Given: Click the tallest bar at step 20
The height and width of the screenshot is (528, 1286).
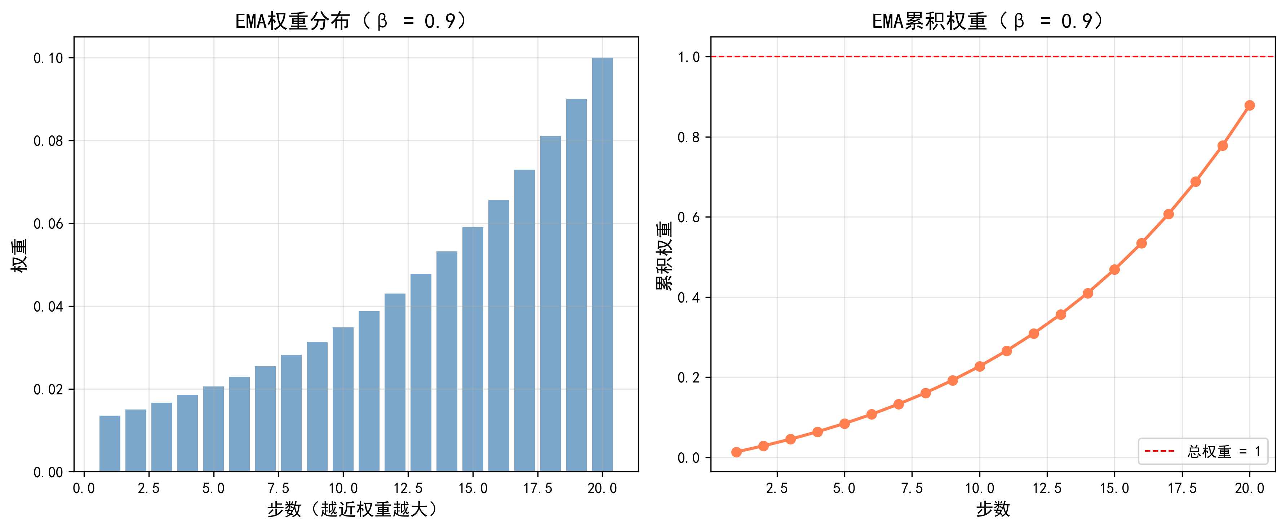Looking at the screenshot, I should point(602,264).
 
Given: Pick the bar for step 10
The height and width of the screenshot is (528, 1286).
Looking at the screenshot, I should point(343,399).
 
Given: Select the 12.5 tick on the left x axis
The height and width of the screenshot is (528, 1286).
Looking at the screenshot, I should point(408,488).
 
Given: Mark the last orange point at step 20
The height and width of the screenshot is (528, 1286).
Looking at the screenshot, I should point(1250,105).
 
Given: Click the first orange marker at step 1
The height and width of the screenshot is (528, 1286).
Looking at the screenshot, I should point(736,452).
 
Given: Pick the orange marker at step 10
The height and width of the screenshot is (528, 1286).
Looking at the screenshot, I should point(980,366).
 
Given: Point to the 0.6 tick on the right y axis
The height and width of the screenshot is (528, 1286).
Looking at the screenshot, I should point(688,218).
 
